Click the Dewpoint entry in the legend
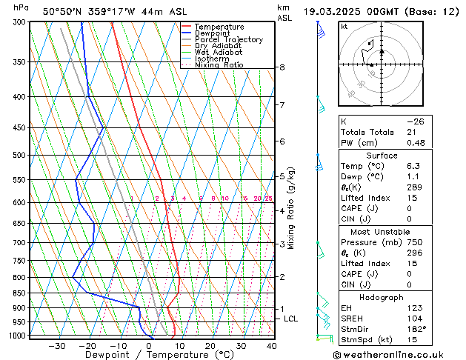coord(211,33)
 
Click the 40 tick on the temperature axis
coord(272,346)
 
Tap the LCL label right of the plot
coord(291,319)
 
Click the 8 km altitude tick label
coord(282,67)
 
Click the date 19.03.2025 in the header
coord(332,11)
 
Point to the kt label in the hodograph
coord(344,27)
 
